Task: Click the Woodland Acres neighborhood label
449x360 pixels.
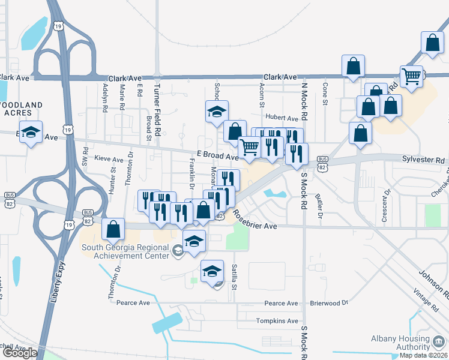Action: pyautogui.click(x=22, y=109)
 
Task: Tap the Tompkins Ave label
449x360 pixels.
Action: pyautogui.click(x=277, y=321)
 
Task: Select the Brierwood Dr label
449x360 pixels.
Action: pyautogui.click(x=329, y=303)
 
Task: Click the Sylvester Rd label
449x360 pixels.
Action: pyautogui.click(x=424, y=160)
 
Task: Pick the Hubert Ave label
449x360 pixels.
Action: pyautogui.click(x=282, y=119)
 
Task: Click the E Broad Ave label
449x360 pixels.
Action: pyautogui.click(x=217, y=155)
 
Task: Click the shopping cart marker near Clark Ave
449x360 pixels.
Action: pyautogui.click(x=411, y=76)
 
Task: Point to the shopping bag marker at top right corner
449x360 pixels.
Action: pyautogui.click(x=432, y=42)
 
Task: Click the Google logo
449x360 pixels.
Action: pyautogui.click(x=20, y=353)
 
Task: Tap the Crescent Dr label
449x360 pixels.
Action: pyautogui.click(x=385, y=206)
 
